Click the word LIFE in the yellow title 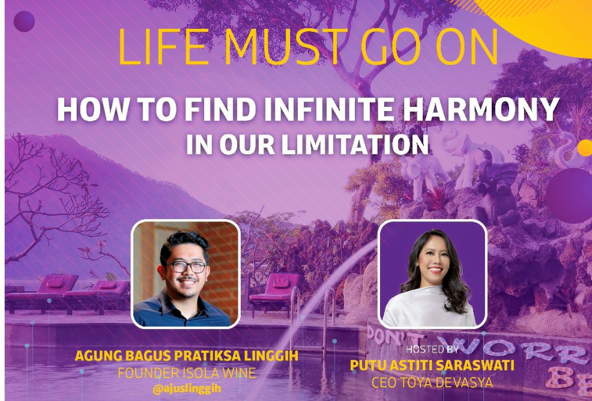[x=163, y=46]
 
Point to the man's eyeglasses [x=187, y=267]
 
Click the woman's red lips [x=436, y=270]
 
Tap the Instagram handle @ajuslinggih [x=187, y=389]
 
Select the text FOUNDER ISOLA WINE [x=187, y=373]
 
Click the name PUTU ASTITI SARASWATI [x=432, y=366]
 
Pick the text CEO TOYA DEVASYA [x=432, y=382]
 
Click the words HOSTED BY [x=432, y=349]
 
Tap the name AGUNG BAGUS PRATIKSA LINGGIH [x=187, y=356]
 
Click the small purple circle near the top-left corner [x=24, y=21]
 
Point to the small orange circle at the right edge [x=585, y=148]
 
